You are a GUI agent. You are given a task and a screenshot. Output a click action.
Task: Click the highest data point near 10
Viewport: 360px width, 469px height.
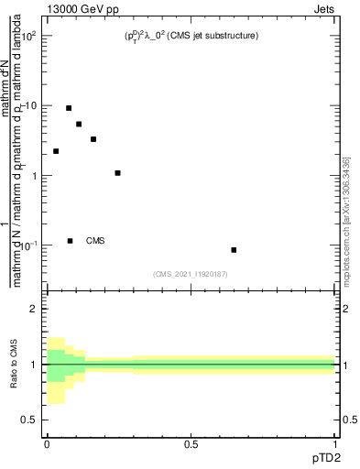(69, 108)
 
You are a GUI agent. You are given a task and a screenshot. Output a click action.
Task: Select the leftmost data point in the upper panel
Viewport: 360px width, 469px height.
(56, 151)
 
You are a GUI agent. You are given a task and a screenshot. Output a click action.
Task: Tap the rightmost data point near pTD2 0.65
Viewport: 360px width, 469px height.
(234, 250)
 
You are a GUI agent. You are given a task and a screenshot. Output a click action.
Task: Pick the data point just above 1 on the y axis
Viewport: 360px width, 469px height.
(117, 173)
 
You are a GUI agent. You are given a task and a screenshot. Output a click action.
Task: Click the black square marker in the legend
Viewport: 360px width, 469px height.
(70, 241)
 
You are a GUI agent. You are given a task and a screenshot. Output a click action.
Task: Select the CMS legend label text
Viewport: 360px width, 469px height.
(95, 241)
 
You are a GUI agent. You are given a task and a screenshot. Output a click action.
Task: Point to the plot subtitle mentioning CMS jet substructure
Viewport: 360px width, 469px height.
(191, 36)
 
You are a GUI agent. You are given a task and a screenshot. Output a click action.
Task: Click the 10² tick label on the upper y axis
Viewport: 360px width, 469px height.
(30, 36)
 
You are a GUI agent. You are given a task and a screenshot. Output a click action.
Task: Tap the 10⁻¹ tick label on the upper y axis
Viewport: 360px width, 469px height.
(30, 245)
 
